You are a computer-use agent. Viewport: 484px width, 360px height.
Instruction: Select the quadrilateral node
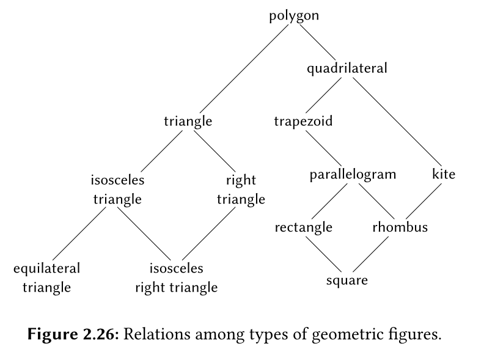[x=346, y=68]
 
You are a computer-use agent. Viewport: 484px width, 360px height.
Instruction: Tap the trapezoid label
[x=303, y=121]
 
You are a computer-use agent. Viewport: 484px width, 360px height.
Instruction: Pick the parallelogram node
[x=353, y=174]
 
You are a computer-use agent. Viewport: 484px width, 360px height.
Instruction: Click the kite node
[x=444, y=174]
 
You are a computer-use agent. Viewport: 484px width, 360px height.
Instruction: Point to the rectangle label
[x=303, y=228]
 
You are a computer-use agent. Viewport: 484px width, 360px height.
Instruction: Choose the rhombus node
[x=400, y=228]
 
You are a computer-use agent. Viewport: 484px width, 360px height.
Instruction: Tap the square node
[x=347, y=281]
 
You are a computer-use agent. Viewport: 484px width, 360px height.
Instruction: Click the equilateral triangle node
[x=46, y=277]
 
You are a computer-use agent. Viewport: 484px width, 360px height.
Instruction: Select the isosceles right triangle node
[x=176, y=277]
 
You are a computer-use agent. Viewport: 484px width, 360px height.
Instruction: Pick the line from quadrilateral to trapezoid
[x=326, y=94]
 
